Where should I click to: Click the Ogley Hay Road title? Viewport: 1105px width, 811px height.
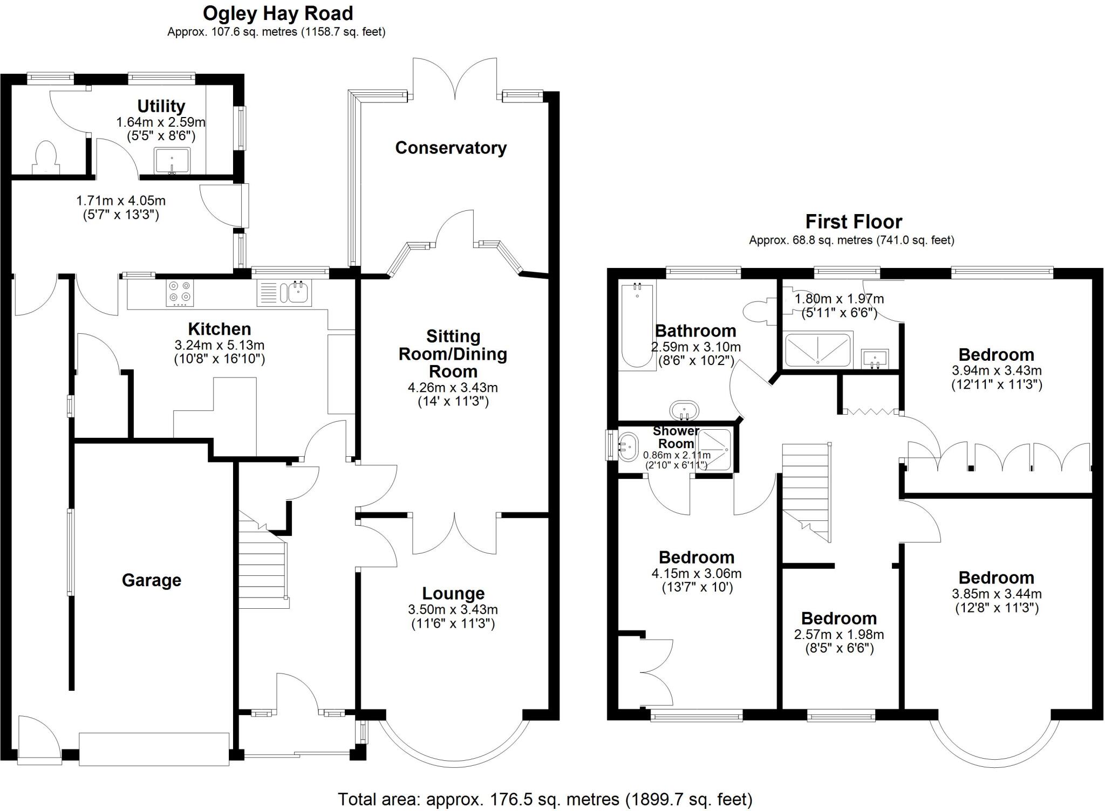(x=278, y=13)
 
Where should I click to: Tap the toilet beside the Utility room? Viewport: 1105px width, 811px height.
(x=45, y=157)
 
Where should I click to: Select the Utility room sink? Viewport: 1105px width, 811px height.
(x=172, y=161)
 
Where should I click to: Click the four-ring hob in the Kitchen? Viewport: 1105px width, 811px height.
(x=180, y=293)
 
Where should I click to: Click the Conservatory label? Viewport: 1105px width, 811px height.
(x=451, y=148)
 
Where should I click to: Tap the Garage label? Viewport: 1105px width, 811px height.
(x=151, y=580)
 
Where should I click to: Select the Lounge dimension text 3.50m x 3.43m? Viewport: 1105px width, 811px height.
(x=453, y=610)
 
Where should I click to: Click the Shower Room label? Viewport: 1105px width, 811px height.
(x=676, y=437)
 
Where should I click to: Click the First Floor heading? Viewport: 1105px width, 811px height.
(x=853, y=222)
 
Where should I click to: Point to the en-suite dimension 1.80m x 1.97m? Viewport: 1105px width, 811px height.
(x=839, y=299)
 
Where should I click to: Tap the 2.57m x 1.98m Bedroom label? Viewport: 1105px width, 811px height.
(x=838, y=618)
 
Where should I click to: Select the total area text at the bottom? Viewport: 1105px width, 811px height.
(x=545, y=799)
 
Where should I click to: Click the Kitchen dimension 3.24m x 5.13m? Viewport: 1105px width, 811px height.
(x=219, y=345)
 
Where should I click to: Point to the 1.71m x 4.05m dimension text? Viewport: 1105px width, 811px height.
(x=121, y=201)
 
